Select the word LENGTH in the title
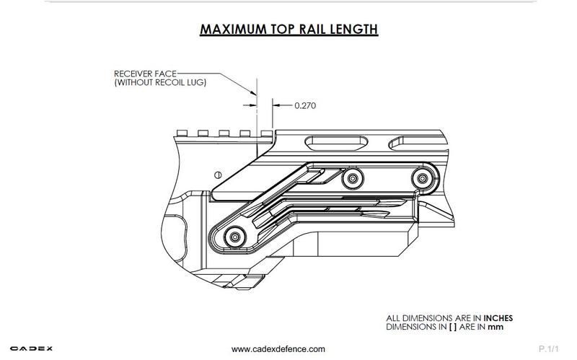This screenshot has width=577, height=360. pyautogui.click(x=354, y=30)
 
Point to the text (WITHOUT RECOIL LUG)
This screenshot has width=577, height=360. pyautogui.click(x=160, y=83)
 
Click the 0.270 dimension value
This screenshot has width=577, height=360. pyautogui.click(x=306, y=105)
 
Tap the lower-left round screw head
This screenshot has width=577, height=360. pyautogui.click(x=234, y=235)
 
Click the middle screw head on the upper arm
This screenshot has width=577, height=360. pyautogui.click(x=352, y=177)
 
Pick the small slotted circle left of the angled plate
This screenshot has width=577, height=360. pyautogui.click(x=218, y=174)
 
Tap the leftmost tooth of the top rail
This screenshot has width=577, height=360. pyautogui.click(x=182, y=133)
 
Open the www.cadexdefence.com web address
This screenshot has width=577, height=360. pyautogui.click(x=278, y=349)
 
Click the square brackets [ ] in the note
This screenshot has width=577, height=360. pyautogui.click(x=454, y=327)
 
